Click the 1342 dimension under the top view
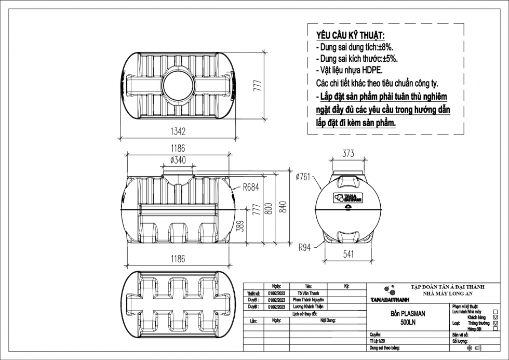click(x=177, y=132)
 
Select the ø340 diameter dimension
click(x=178, y=160)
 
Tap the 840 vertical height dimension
click(x=283, y=207)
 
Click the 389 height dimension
click(x=240, y=227)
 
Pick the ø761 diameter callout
click(x=303, y=177)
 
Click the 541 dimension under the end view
click(x=349, y=255)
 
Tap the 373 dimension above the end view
click(x=349, y=153)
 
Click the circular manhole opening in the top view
click(x=178, y=83)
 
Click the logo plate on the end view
click(x=348, y=197)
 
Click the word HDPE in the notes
click(x=371, y=70)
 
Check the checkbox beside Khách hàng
click(x=495, y=317)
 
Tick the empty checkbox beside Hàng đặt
click(x=495, y=329)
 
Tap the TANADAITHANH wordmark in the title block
click(x=391, y=300)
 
